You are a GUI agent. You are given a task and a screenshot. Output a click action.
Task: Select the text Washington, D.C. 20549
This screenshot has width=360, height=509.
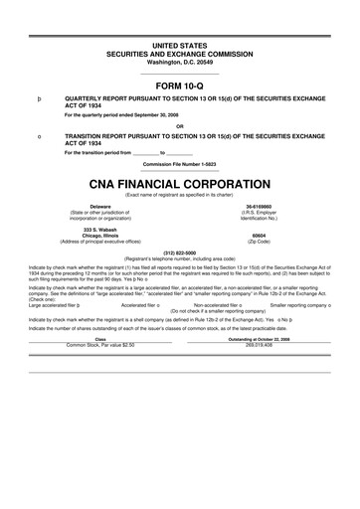coord(179,62)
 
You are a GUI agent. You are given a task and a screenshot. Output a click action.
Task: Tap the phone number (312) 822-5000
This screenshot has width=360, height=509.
coord(179,252)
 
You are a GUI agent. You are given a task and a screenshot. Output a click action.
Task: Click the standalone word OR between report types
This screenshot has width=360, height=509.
coord(179,125)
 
